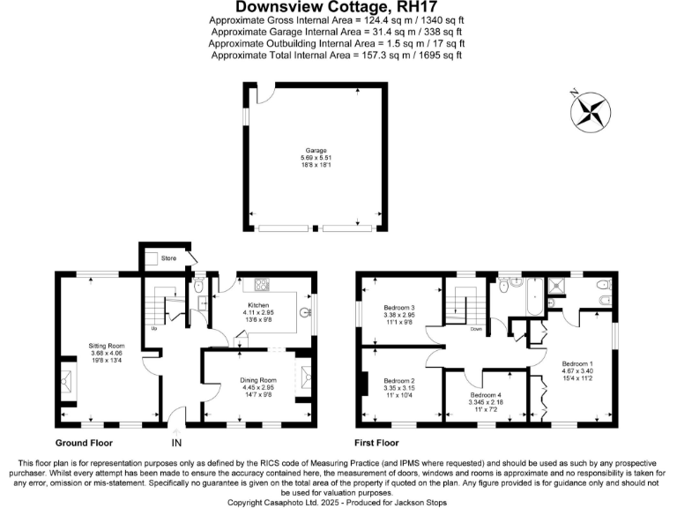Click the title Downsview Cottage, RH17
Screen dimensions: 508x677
[338, 8]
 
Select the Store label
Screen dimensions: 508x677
[169, 258]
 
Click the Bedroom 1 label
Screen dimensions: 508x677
[578, 363]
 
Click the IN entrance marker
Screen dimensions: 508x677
[176, 443]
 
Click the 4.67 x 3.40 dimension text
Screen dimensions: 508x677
[578, 371]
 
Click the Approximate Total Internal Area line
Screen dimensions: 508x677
[338, 55]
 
